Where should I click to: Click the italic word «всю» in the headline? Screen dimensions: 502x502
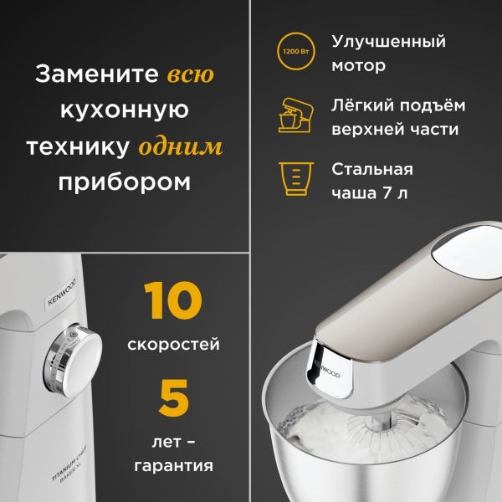tap(190, 74)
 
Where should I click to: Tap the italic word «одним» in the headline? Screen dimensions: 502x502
tap(181, 147)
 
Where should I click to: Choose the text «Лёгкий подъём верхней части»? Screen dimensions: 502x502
tap(398, 118)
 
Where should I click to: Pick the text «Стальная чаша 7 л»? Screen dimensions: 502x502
tap(373, 180)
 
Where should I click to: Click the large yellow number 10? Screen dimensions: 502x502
tap(173, 302)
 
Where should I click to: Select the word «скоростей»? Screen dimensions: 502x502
tap(173, 344)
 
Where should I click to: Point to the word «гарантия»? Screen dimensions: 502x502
tap(173, 464)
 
